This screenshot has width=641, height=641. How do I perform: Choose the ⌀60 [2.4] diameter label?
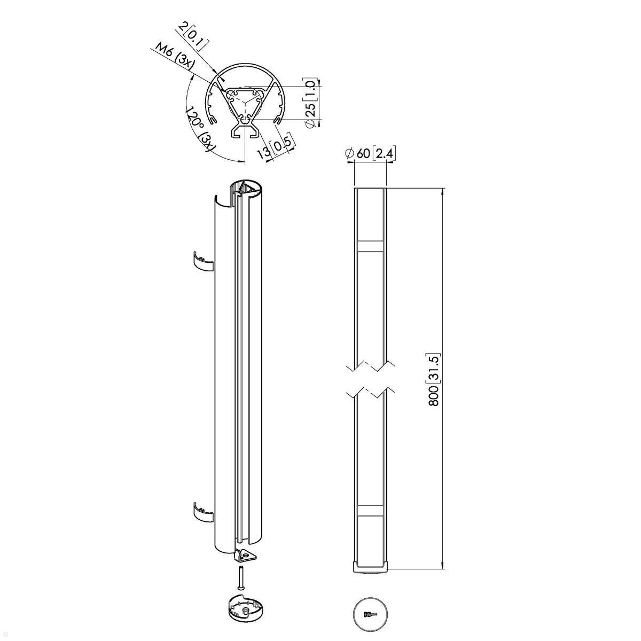pyautogui.click(x=370, y=154)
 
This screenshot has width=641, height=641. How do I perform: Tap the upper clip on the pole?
pyautogui.click(x=202, y=260)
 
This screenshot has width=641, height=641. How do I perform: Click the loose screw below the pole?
pyautogui.click(x=241, y=579)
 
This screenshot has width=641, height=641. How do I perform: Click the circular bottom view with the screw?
pyautogui.click(x=370, y=615)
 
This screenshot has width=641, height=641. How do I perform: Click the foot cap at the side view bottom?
pyautogui.click(x=370, y=567)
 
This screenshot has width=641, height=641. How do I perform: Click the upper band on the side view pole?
pyautogui.click(x=370, y=246)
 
